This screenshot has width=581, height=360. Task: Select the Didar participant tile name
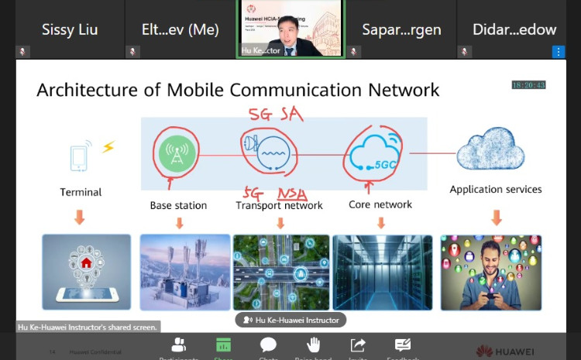pyautogui.click(x=514, y=29)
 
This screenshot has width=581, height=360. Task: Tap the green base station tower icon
pyautogui.click(x=176, y=153)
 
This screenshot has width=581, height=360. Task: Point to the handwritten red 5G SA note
pyautogui.click(x=275, y=115)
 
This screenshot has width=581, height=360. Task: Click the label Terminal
pyautogui.click(x=81, y=191)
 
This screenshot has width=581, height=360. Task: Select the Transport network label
pyautogui.click(x=280, y=205)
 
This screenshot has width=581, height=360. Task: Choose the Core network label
pyautogui.click(x=380, y=204)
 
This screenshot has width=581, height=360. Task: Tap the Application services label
pyautogui.click(x=496, y=189)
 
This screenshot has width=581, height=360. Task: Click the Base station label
pyautogui.click(x=178, y=205)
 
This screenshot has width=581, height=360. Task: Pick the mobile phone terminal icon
pyautogui.click(x=80, y=156)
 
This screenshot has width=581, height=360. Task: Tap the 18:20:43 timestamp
pyautogui.click(x=528, y=85)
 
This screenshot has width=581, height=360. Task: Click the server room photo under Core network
pyautogui.click(x=380, y=272)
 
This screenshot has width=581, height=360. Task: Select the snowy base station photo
pyautogui.click(x=184, y=272)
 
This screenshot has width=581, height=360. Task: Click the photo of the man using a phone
pyautogui.click(x=491, y=272)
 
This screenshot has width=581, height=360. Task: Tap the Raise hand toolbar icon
pyautogui.click(x=313, y=345)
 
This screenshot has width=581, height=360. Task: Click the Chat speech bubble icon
pyautogui.click(x=268, y=345)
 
